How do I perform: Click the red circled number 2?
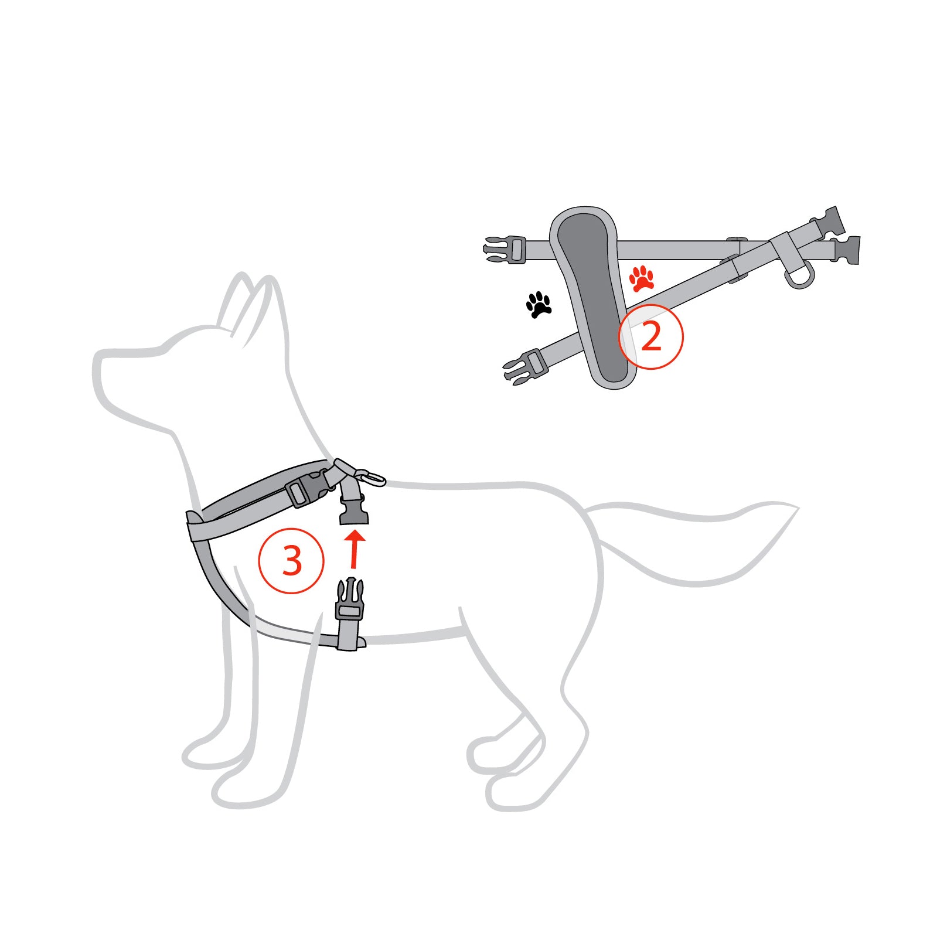pyautogui.click(x=651, y=336)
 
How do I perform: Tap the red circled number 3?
pyautogui.click(x=291, y=560)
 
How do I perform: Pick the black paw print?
pyautogui.click(x=539, y=304)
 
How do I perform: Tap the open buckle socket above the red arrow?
pyautogui.click(x=354, y=512)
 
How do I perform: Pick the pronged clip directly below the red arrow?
pyautogui.click(x=350, y=601)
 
